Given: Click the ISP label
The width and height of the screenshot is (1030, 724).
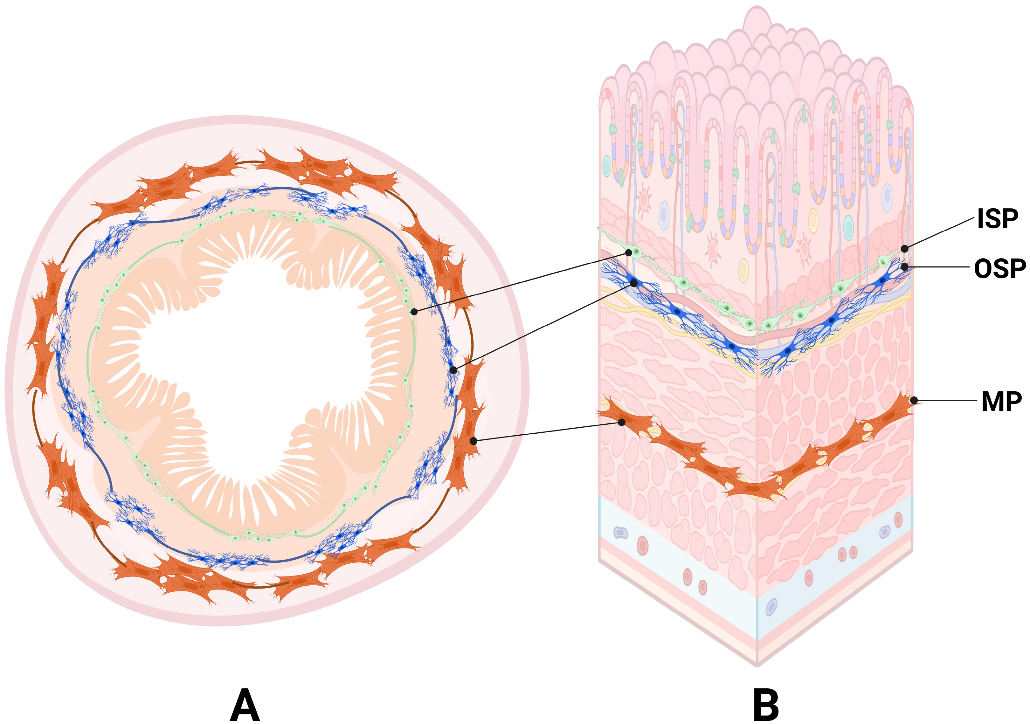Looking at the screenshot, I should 997,218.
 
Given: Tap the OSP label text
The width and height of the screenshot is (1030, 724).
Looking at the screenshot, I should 1000,269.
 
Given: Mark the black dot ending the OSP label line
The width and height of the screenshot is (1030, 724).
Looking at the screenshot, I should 905,267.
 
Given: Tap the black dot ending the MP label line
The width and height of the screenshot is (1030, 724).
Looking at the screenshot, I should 914,400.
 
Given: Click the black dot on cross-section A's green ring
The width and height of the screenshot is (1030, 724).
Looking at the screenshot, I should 414,311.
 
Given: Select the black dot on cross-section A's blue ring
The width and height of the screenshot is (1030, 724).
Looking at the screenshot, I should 453,370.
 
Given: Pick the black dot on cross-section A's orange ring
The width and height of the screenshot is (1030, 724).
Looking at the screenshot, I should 473,441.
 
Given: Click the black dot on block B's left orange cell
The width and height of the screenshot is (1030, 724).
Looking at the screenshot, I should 622,422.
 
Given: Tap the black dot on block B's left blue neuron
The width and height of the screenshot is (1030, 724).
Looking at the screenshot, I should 634,283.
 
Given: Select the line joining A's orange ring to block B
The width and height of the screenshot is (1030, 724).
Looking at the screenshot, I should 547,431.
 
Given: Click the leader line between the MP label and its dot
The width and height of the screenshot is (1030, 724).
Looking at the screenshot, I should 947,400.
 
